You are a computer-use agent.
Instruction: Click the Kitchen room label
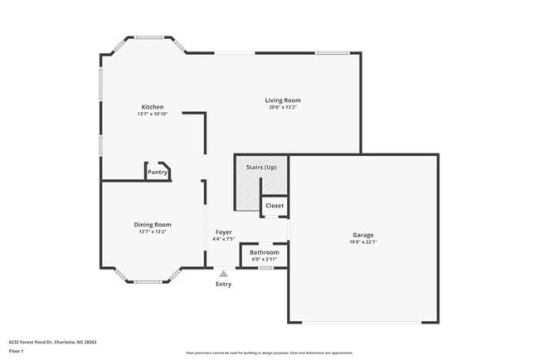[152, 107]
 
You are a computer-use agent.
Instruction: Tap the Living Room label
[283, 100]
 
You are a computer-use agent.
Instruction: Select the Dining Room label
[153, 225]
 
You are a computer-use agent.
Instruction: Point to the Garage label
[363, 235]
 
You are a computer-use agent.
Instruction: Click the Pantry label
[158, 173]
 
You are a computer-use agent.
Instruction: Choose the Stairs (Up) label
[261, 168]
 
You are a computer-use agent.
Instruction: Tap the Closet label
[274, 206]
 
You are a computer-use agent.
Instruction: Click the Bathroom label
[265, 252]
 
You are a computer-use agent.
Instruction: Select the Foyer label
[224, 232]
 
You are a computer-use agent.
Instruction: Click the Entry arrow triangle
[223, 272]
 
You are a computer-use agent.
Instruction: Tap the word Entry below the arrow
[224, 285]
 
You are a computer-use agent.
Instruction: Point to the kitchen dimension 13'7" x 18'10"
[153, 114]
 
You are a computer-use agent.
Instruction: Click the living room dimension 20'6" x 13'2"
[283, 107]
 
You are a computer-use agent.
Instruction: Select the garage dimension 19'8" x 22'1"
[363, 242]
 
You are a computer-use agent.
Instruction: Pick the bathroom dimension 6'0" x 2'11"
[265, 259]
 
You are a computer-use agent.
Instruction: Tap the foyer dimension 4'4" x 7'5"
[224, 239]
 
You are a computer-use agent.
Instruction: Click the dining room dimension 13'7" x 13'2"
[153, 232]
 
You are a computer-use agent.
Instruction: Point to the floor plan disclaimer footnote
[269, 353]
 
